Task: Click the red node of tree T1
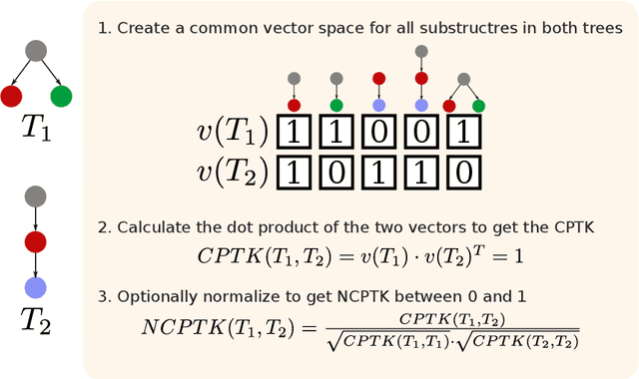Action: [x=12, y=96]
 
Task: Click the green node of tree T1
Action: [x=61, y=96]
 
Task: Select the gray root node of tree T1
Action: [x=36, y=49]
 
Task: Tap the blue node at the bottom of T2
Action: [x=36, y=287]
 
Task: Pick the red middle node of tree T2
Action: [x=36, y=241]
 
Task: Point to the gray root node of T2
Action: [x=36, y=194]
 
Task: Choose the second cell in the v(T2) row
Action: [x=336, y=172]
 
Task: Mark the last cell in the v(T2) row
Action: [x=464, y=172]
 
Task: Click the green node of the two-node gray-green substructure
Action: [x=336, y=105]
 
